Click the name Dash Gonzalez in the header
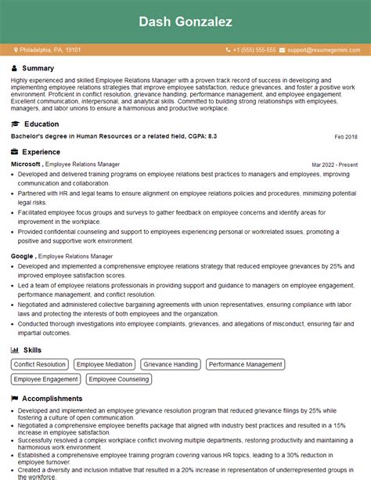pyautogui.click(x=185, y=23)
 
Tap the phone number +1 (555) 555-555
pyautogui.click(x=254, y=50)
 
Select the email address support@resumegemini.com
pyautogui.click(x=322, y=50)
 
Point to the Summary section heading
pyautogui.click(x=38, y=69)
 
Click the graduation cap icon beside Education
pyautogui.click(x=15, y=124)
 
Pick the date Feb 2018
pyautogui.click(x=345, y=137)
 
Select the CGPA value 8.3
pyautogui.click(x=211, y=136)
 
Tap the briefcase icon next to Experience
pyautogui.click(x=15, y=152)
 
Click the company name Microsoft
pyautogui.click(x=25, y=164)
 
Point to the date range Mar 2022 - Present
pyautogui.click(x=334, y=165)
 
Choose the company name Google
pyautogui.click(x=22, y=256)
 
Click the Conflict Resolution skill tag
pyautogui.click(x=40, y=365)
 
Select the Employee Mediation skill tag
pyautogui.click(x=104, y=365)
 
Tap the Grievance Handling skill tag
pyautogui.click(x=171, y=365)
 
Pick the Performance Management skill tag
pyautogui.click(x=245, y=365)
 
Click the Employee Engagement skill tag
pyautogui.click(x=46, y=380)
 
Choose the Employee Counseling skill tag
pyautogui.click(x=118, y=380)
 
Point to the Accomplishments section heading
pyautogui.click(x=52, y=398)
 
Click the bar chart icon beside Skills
pyautogui.click(x=15, y=350)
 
